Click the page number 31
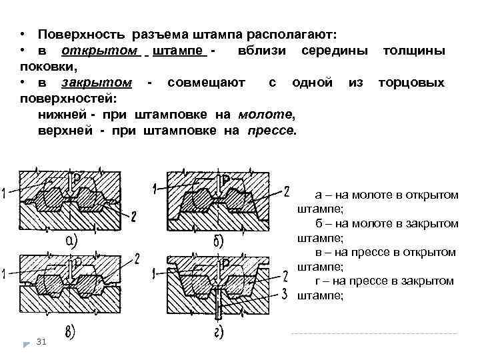(41, 342)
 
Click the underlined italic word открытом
(100, 51)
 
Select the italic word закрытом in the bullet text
(97, 83)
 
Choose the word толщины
(413, 51)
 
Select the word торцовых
(411, 83)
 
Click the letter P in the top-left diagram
(77, 178)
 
